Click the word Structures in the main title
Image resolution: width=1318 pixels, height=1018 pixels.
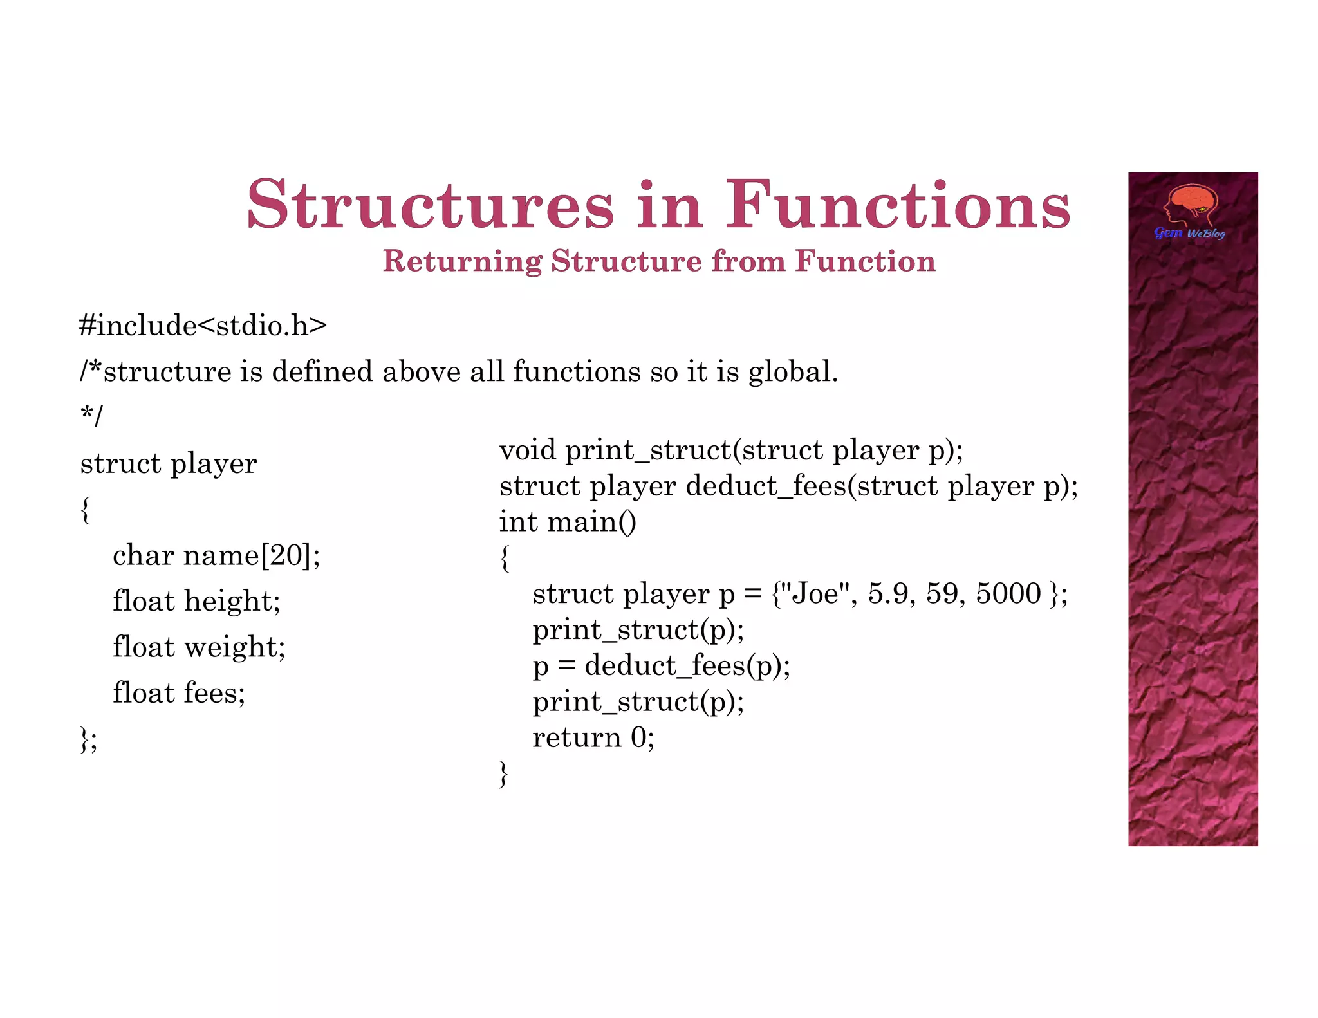pos(430,205)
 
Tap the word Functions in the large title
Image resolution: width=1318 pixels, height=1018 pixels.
pos(898,205)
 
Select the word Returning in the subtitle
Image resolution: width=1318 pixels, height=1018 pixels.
pos(462,261)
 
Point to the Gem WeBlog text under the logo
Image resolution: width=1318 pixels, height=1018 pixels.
pos(1189,233)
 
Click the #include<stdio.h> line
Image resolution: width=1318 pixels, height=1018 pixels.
pos(203,326)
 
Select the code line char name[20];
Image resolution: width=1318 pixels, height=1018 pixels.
pos(216,555)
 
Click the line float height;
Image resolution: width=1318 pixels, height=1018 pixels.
pos(196,601)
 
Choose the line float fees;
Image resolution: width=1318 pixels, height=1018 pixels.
pos(179,693)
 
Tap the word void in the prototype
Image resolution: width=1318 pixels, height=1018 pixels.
pos(527,450)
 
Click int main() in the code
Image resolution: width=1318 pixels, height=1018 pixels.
pos(568,521)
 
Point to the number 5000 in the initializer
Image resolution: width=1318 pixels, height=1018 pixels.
pos(1008,593)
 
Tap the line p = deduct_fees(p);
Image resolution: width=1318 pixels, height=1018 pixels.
pos(661,665)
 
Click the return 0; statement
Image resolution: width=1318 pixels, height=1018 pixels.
pos(593,737)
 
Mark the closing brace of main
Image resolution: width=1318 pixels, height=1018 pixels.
pos(504,773)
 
